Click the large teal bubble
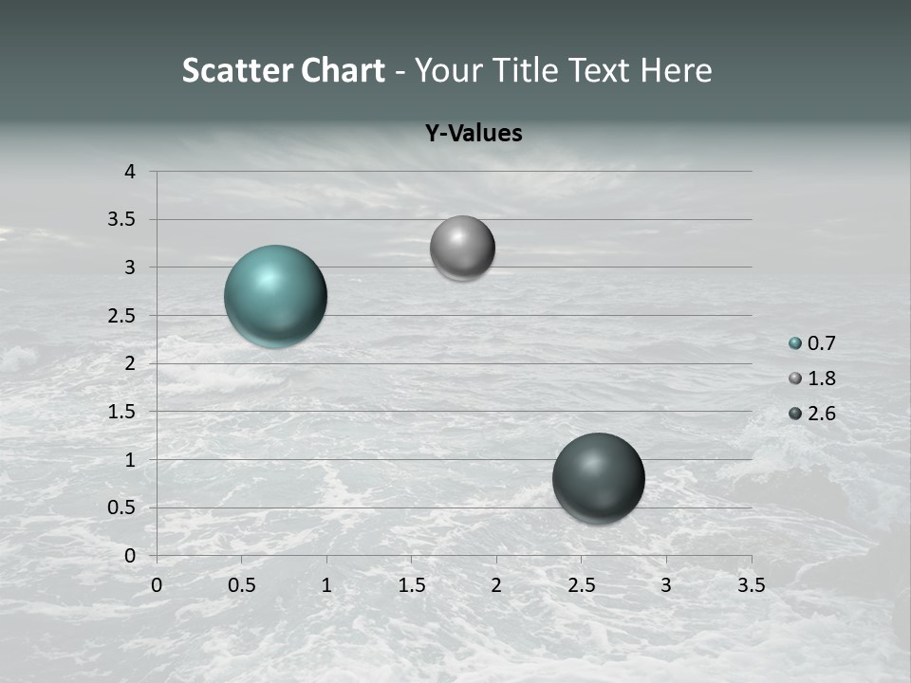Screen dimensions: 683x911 click(276, 296)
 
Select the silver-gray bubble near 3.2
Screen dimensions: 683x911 click(462, 248)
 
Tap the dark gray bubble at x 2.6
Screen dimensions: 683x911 click(598, 478)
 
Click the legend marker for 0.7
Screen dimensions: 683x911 click(795, 343)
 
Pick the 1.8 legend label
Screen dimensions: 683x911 click(822, 378)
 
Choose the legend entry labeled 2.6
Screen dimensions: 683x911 click(822, 414)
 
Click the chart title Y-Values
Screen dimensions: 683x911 click(473, 134)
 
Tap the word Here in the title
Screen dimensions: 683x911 click(677, 70)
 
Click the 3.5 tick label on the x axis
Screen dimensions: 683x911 click(751, 585)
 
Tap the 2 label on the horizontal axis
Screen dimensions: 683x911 click(496, 585)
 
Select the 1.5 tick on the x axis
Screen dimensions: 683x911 click(411, 585)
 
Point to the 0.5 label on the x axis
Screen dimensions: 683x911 click(241, 585)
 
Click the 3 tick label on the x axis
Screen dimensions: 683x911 click(666, 585)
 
